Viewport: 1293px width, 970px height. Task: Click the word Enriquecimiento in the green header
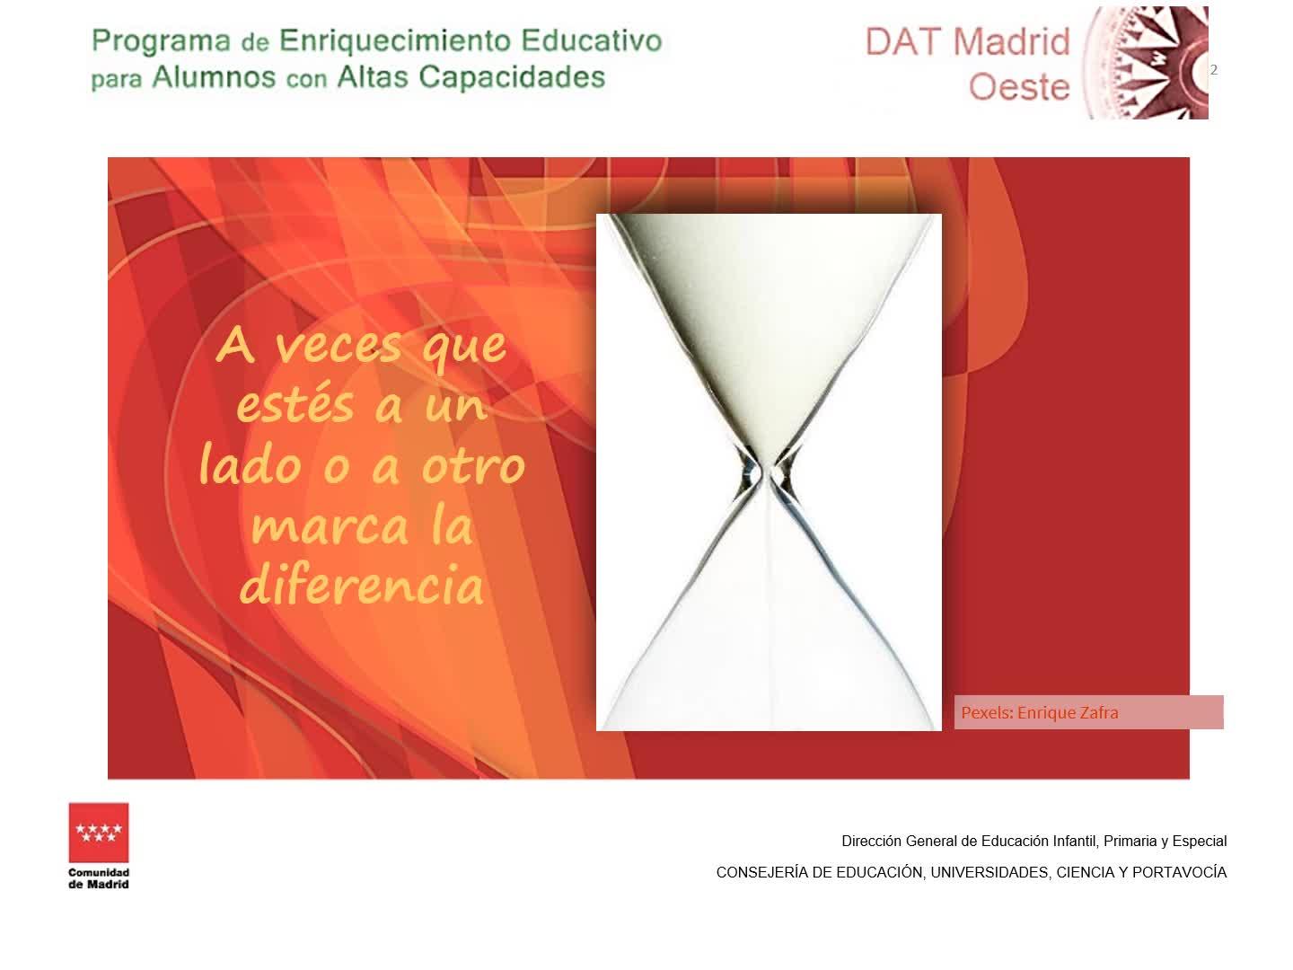pyautogui.click(x=395, y=41)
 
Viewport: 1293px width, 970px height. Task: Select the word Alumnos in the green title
pyautogui.click(x=214, y=77)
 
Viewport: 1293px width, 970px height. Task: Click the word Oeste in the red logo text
pyautogui.click(x=1018, y=87)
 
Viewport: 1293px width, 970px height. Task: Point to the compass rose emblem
pyautogui.click(x=1146, y=63)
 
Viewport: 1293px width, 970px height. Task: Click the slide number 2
pyautogui.click(x=1213, y=69)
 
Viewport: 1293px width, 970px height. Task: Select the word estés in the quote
pyautogui.click(x=295, y=404)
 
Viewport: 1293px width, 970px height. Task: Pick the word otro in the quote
pyautogui.click(x=473, y=466)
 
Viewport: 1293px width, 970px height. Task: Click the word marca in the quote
pyautogui.click(x=330, y=526)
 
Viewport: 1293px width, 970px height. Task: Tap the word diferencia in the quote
pyautogui.click(x=361, y=584)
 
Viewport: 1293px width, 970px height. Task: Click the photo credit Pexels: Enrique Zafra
pyautogui.click(x=1039, y=712)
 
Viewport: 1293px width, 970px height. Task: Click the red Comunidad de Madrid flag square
pyautogui.click(x=99, y=833)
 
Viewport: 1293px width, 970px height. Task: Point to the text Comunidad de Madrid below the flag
pyautogui.click(x=99, y=878)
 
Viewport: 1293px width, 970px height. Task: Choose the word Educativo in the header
pyautogui.click(x=592, y=41)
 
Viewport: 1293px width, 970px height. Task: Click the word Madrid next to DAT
pyautogui.click(x=1011, y=42)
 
